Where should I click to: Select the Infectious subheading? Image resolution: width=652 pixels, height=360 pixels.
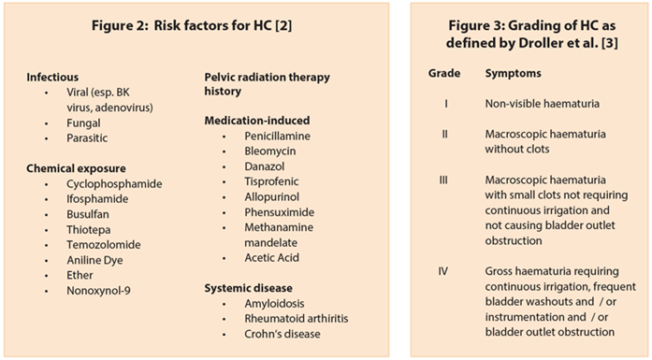click(x=53, y=75)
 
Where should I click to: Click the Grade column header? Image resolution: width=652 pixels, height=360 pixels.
click(x=443, y=72)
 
